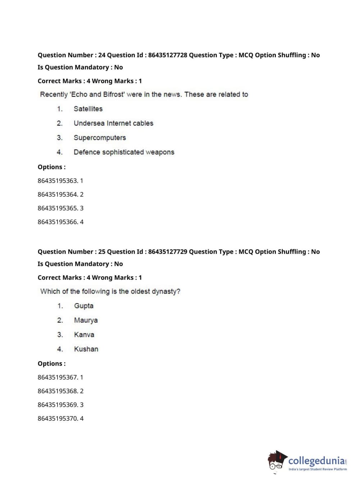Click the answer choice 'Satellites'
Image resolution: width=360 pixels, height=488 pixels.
coord(88,109)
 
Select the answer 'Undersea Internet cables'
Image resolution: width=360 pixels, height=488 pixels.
coord(113,123)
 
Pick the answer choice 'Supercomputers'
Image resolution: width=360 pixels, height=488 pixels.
coord(100,137)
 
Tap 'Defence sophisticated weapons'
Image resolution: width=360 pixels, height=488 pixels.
coord(124,152)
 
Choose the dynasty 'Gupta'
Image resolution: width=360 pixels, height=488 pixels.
coord(84,306)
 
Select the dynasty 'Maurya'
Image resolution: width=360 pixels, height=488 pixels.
coord(86,320)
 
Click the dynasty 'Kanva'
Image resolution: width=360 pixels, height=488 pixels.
coord(84,334)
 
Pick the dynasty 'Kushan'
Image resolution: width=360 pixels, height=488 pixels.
coord(86,349)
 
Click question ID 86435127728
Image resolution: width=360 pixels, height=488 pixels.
coord(168,55)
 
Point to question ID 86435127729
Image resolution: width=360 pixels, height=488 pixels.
coord(168,252)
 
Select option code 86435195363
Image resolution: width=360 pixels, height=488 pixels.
coord(58,181)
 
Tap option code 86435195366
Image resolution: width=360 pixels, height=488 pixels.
coord(58,222)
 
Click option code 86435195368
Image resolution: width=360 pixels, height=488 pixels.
coord(58,391)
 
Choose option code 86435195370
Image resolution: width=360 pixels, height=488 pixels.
coord(58,418)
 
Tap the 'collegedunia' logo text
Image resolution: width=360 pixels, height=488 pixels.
coord(316,461)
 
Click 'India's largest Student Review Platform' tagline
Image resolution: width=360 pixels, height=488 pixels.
coord(318,469)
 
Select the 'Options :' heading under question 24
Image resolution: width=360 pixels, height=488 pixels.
coord(51,167)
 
